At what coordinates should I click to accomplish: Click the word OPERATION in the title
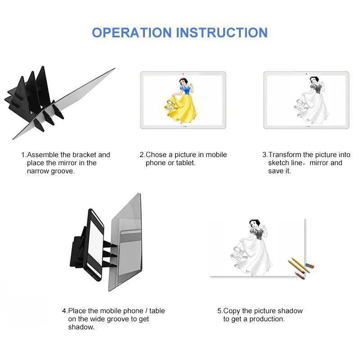pyautogui.click(x=132, y=32)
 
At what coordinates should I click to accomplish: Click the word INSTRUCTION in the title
pyautogui.click(x=222, y=32)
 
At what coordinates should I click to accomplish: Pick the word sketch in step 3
pyautogui.click(x=279, y=163)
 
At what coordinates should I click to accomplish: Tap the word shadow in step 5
pyautogui.click(x=290, y=311)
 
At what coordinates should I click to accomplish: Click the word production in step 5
pyautogui.click(x=267, y=319)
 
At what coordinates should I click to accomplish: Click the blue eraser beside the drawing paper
pyautogui.click(x=310, y=266)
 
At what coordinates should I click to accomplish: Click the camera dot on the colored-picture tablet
pyautogui.click(x=183, y=74)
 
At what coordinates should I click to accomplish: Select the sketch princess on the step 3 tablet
pyautogui.click(x=310, y=98)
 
